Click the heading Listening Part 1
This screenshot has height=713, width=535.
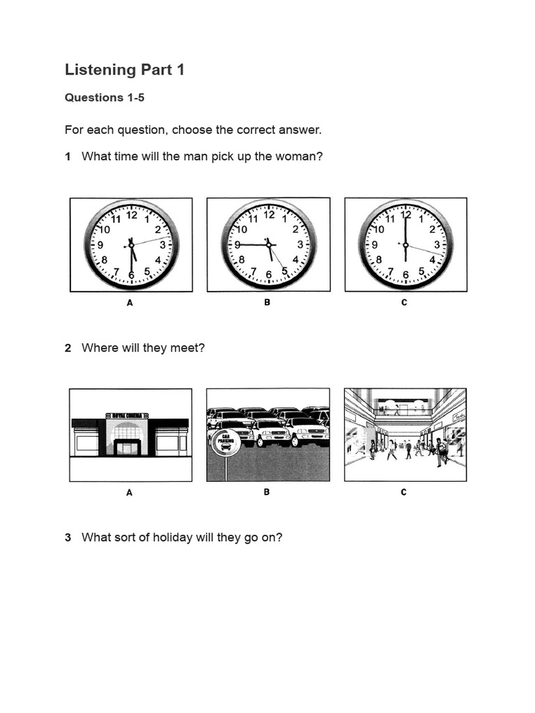pyautogui.click(x=125, y=70)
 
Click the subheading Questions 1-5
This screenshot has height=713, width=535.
pyautogui.click(x=104, y=97)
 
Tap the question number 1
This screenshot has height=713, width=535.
pyautogui.click(x=68, y=157)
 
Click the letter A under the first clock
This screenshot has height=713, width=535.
pyautogui.click(x=130, y=303)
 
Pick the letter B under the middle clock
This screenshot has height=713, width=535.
pyautogui.click(x=267, y=303)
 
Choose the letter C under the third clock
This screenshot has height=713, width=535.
pyautogui.click(x=404, y=303)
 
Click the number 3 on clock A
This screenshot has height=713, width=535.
pyautogui.click(x=163, y=244)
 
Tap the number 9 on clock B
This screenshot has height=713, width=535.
pyautogui.click(x=237, y=244)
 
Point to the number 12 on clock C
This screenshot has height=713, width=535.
pyautogui.click(x=405, y=215)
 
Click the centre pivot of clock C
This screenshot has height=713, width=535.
pyautogui.click(x=405, y=244)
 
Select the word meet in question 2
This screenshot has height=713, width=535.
pyautogui.click(x=192, y=347)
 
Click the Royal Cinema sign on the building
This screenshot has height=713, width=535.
pyautogui.click(x=127, y=416)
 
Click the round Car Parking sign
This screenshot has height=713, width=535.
pyautogui.click(x=224, y=441)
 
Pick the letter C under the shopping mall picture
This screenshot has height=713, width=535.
pyautogui.click(x=404, y=492)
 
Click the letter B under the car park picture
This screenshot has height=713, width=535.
pyautogui.click(x=267, y=492)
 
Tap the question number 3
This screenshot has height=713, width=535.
pyautogui.click(x=68, y=538)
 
